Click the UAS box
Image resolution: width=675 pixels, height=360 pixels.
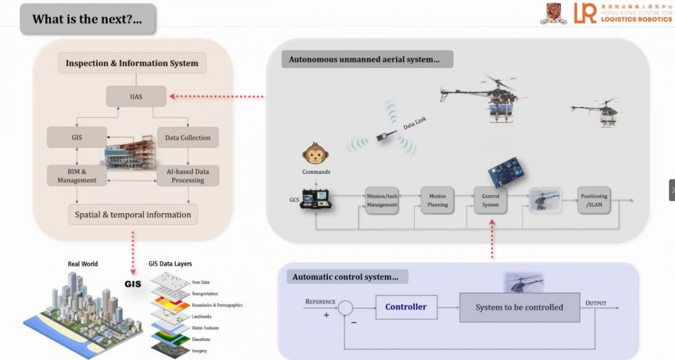point(136,96)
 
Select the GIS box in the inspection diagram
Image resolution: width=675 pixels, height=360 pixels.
point(76,137)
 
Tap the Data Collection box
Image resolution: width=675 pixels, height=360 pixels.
point(187,137)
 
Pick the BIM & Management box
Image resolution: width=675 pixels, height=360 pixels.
point(76,175)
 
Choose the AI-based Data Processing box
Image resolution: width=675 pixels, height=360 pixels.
point(187,175)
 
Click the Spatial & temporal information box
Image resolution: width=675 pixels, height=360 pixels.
point(133,214)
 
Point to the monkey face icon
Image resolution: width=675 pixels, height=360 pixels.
point(315,154)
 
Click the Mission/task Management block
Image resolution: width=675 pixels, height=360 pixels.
point(382,200)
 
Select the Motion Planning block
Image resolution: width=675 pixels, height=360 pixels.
point(437,200)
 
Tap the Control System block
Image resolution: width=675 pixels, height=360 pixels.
point(490,200)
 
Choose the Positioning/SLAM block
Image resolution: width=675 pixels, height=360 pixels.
point(594,200)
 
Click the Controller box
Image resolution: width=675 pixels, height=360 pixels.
point(406,307)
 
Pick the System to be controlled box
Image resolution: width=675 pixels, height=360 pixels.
point(519,307)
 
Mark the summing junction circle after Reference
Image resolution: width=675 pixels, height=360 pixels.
point(346,308)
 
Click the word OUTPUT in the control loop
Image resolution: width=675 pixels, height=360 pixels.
point(596,303)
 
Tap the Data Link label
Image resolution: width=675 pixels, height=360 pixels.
point(415,124)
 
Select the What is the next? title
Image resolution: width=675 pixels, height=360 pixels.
point(87,19)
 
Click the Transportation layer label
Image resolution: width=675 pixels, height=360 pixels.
point(205,294)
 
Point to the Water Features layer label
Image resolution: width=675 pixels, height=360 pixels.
point(205,328)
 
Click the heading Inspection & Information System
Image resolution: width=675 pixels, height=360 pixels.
point(132,63)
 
